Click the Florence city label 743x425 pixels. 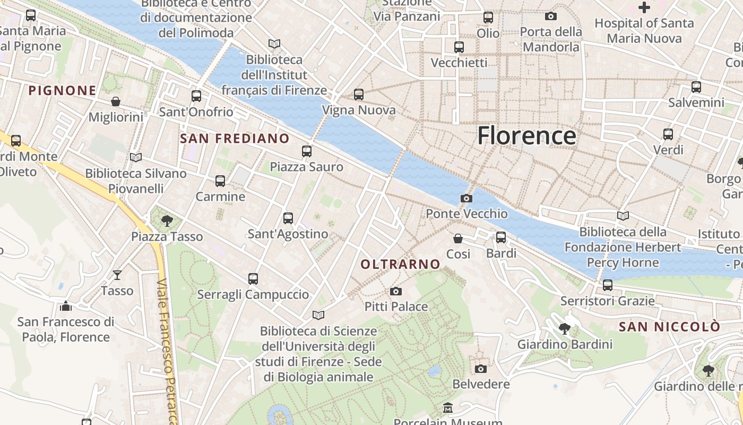pyautogui.click(x=526, y=136)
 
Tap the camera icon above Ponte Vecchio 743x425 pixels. pyautogui.click(x=466, y=198)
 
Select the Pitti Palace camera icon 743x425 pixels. pyautogui.click(x=395, y=291)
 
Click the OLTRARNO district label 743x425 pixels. pyautogui.click(x=400, y=264)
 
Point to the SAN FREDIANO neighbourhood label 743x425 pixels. pyautogui.click(x=235, y=139)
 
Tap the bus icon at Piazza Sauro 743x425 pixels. pyautogui.click(x=306, y=151)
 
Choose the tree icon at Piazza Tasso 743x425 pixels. pyautogui.click(x=167, y=220)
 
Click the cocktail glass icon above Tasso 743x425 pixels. pyautogui.click(x=117, y=275)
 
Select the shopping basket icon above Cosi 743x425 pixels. pyautogui.click(x=457, y=239)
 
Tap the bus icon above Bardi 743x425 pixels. pyautogui.click(x=500, y=237)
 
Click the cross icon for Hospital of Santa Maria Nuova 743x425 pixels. pyautogui.click(x=644, y=7)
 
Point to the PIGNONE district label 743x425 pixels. pyautogui.click(x=62, y=90)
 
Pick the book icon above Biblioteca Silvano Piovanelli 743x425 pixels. pyautogui.click(x=135, y=157)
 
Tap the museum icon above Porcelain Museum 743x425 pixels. pyautogui.click(x=448, y=408)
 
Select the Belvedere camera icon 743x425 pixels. pyautogui.click(x=480, y=369)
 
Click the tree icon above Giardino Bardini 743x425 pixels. pyautogui.click(x=564, y=329)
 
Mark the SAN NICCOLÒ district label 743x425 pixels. pyautogui.click(x=670, y=327)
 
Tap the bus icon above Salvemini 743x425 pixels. pyautogui.click(x=696, y=87)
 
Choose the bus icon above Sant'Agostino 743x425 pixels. pyautogui.click(x=288, y=218)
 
